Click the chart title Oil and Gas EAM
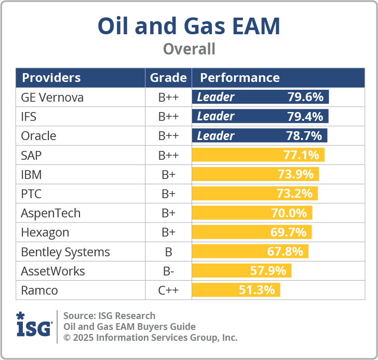pos(188,26)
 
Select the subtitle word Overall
pos(188,49)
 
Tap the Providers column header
pos(51,78)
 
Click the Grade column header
pos(168,78)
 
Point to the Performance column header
pos(240,78)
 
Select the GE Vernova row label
pos(52,97)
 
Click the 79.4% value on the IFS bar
pos(305,116)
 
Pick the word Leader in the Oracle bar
pos(215,136)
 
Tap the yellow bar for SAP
pos(258,155)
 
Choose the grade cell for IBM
pos(168,174)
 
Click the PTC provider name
pos(31,194)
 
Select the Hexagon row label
pos(45,232)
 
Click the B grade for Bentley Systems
pos(168,252)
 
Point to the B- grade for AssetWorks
pos(168,271)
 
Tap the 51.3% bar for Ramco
pos(236,290)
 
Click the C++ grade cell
pos(168,290)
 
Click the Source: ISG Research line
pos(109,315)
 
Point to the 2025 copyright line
pos(150,337)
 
